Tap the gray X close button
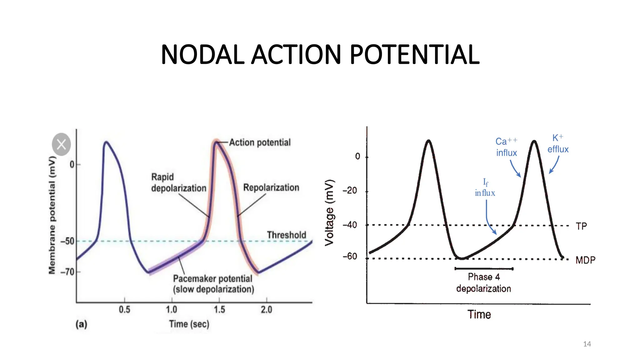(61, 144)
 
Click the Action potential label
(260, 142)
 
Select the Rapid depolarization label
(178, 182)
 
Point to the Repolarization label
(271, 187)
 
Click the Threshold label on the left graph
(286, 235)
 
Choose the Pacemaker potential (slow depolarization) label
(213, 284)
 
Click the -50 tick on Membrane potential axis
(67, 241)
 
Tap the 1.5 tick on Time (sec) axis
(219, 309)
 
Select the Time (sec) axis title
(189, 324)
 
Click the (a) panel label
(81, 324)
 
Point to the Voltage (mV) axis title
(329, 213)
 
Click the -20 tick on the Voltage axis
(350, 191)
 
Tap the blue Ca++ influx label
(506, 147)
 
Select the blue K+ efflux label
(558, 144)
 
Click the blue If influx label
(485, 188)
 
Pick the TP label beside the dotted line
(581, 226)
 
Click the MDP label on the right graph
(585, 260)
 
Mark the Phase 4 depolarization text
(483, 282)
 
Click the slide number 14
(587, 344)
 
